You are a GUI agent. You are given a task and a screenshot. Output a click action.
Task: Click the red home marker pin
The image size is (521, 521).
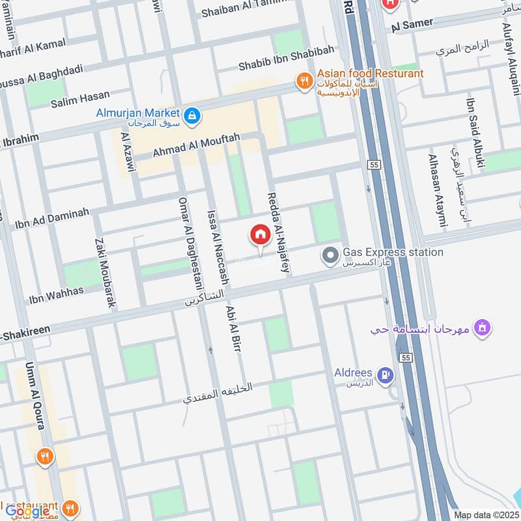(x=260, y=235)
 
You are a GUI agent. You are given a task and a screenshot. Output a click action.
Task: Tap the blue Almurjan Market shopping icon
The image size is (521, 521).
(x=191, y=116)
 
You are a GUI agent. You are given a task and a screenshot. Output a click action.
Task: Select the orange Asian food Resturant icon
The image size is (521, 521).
(x=303, y=81)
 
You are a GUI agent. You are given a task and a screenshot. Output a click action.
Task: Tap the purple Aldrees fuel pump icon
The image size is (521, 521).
(x=386, y=374)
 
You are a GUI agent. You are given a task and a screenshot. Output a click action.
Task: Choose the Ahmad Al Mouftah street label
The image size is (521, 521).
(x=196, y=145)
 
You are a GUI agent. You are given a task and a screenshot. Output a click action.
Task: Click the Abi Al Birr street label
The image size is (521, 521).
(x=233, y=330)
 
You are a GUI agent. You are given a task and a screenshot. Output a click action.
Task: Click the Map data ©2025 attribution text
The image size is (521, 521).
(x=485, y=514)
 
